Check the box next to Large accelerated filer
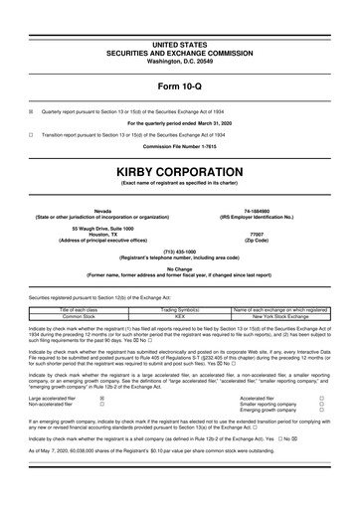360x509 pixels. coord(101,366)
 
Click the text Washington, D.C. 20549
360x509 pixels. coord(179,34)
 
